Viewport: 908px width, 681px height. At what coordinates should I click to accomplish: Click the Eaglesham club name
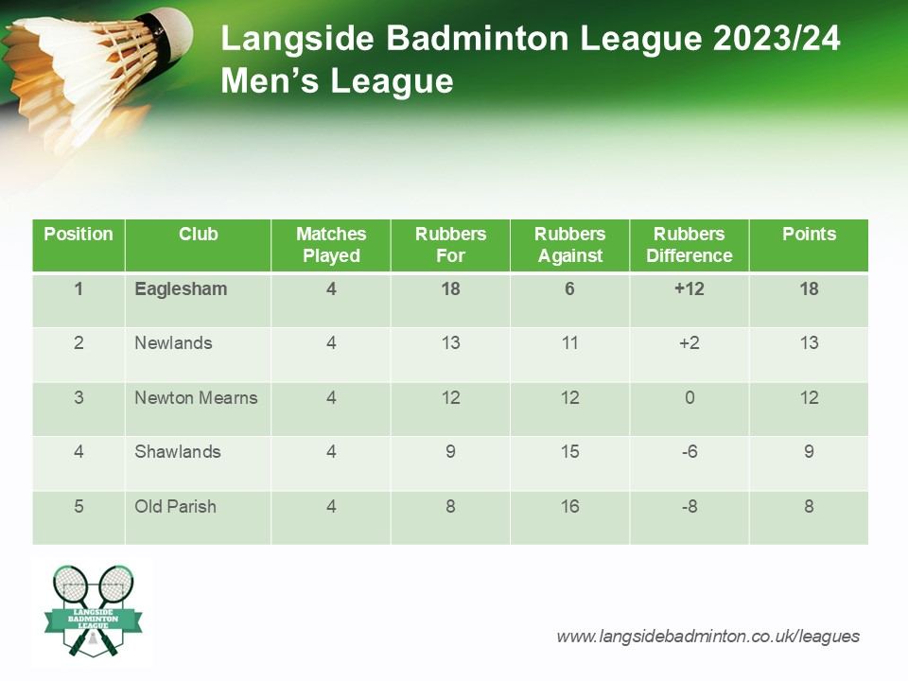(181, 289)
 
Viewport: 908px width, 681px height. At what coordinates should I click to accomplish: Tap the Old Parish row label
(176, 507)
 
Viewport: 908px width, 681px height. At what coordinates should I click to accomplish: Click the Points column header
(809, 234)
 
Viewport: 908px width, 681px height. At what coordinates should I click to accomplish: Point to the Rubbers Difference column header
(690, 244)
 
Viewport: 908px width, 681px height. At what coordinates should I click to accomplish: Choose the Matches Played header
(331, 244)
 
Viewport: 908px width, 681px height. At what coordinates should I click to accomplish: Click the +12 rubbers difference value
(690, 289)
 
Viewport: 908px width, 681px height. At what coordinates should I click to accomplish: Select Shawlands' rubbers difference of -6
(690, 452)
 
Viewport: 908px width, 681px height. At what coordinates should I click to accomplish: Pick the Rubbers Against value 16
(569, 507)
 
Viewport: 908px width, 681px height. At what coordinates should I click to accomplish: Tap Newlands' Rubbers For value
(450, 342)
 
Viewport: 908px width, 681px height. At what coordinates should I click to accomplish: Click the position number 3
(79, 398)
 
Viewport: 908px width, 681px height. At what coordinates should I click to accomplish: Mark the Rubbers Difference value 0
(690, 398)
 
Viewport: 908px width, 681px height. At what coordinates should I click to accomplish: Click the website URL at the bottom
(707, 637)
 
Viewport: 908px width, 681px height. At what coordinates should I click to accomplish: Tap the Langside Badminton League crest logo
(94, 611)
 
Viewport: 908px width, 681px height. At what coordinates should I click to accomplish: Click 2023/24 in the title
(777, 38)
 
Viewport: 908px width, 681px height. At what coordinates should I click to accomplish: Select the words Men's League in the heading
(337, 80)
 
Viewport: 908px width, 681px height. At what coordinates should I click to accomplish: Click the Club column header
(198, 234)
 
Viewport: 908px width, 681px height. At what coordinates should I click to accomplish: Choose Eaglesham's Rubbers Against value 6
(569, 289)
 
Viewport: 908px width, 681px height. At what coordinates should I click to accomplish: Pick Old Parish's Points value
(809, 507)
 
